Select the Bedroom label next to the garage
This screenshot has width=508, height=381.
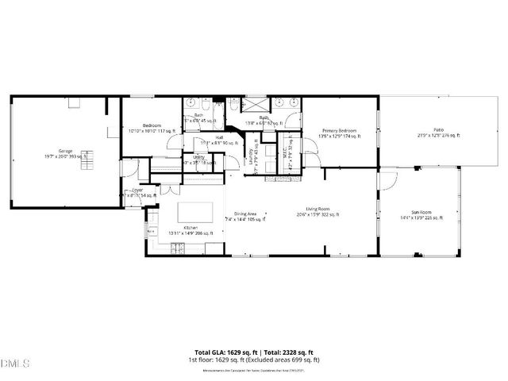152,125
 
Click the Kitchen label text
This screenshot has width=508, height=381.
190,228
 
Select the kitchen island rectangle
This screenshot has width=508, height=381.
196,210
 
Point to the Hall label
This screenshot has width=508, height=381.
218,137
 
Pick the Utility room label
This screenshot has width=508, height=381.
198,157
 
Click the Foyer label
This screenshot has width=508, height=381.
137,190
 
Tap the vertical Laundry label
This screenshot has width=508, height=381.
251,151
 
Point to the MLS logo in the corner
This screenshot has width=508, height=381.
14,364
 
